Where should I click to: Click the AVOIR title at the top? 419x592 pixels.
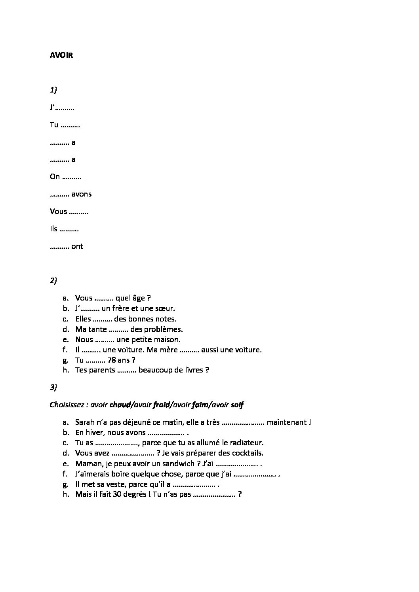point(61,55)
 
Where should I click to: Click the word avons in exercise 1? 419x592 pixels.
point(82,194)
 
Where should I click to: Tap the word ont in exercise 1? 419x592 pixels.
point(78,246)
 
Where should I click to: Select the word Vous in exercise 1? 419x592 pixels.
point(59,212)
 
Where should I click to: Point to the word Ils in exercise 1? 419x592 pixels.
point(53,229)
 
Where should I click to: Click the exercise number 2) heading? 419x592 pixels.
point(53,281)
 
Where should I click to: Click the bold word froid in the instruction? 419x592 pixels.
point(161,405)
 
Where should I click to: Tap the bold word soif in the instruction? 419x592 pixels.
point(237,405)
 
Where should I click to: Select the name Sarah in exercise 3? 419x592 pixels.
point(84,422)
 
